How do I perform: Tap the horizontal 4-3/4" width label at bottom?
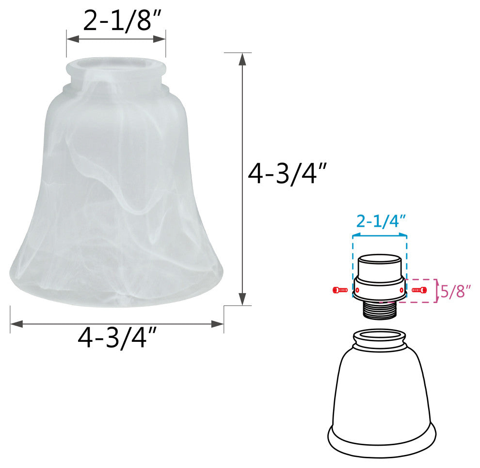click(x=117, y=338)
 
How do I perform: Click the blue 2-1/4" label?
click(x=381, y=222)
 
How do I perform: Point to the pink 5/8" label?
click(x=455, y=291)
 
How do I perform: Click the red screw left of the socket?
click(x=340, y=290)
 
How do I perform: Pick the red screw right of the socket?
click(x=419, y=290)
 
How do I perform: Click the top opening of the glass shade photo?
click(x=116, y=65)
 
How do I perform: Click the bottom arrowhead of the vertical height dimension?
click(x=243, y=299)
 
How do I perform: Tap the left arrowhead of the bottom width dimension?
click(x=16, y=323)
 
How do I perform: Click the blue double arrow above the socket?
click(x=380, y=235)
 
